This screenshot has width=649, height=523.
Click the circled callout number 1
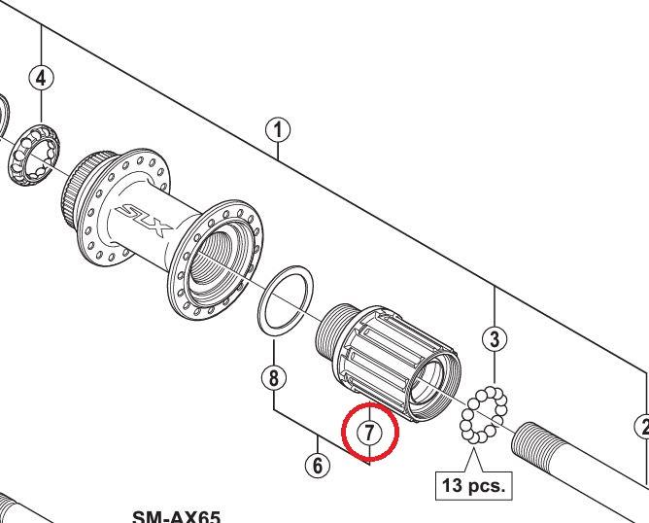[x=278, y=129]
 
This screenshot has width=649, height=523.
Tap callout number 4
[x=42, y=79]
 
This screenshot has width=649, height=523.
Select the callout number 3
[x=495, y=339]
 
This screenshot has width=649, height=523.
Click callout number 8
[x=275, y=376]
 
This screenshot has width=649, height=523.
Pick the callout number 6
[x=317, y=465]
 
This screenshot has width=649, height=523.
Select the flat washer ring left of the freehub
[x=284, y=298]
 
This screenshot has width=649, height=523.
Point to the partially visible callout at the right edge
[x=642, y=425]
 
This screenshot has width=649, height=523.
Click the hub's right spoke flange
[x=215, y=265]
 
